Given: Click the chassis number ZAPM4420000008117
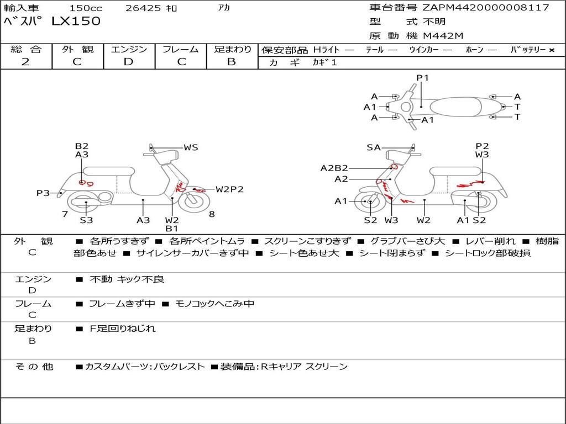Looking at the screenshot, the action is tap(486, 8).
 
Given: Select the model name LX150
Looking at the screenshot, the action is tap(76, 22).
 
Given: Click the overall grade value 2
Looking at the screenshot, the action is tap(25, 62).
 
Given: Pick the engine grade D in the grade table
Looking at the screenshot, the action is tap(128, 62).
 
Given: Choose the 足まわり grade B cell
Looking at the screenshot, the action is tap(232, 62).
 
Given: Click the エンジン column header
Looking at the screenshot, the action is tap(129, 49).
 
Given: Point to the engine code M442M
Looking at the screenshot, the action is tap(443, 36).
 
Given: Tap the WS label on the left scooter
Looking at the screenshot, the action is tap(191, 147).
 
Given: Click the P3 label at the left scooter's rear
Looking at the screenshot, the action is tap(43, 193).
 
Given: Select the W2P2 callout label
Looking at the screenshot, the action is tap(229, 189).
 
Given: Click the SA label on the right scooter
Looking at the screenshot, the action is tap(374, 147).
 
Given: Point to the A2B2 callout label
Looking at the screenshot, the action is tap(334, 168).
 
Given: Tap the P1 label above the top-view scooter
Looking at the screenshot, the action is tap(423, 78).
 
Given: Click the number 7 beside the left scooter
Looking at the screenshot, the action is tap(65, 214).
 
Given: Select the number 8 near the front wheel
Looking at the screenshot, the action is tap(212, 214).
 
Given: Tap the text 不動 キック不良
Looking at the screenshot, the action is tap(127, 279).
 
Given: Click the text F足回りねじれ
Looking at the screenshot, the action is tap(123, 328).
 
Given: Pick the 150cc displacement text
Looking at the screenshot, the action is tap(83, 8).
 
